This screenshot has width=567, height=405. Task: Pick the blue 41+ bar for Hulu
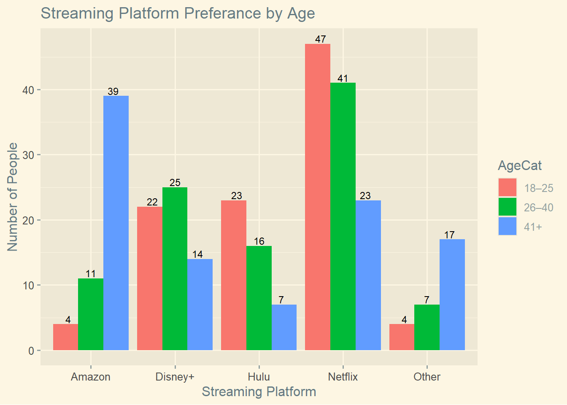click(x=284, y=327)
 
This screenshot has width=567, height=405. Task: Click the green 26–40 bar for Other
click(x=427, y=327)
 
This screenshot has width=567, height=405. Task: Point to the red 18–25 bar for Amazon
click(x=66, y=337)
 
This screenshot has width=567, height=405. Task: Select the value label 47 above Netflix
click(x=321, y=39)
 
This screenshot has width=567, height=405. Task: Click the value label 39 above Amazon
click(x=113, y=92)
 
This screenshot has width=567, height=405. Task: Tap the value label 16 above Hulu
click(x=259, y=241)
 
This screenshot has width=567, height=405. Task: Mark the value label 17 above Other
click(x=449, y=235)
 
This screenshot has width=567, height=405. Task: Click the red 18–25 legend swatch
click(x=507, y=188)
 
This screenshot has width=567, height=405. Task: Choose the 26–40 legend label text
click(x=538, y=208)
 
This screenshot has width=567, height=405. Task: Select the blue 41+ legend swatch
click(x=507, y=227)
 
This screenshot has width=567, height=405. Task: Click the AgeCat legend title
click(x=519, y=165)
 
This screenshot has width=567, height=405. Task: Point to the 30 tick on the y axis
click(x=29, y=155)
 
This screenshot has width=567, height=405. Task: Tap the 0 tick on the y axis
click(x=32, y=351)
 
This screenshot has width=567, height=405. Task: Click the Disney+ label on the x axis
click(x=175, y=377)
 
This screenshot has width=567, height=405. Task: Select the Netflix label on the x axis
click(x=343, y=377)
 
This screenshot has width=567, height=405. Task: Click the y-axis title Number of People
click(x=13, y=197)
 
